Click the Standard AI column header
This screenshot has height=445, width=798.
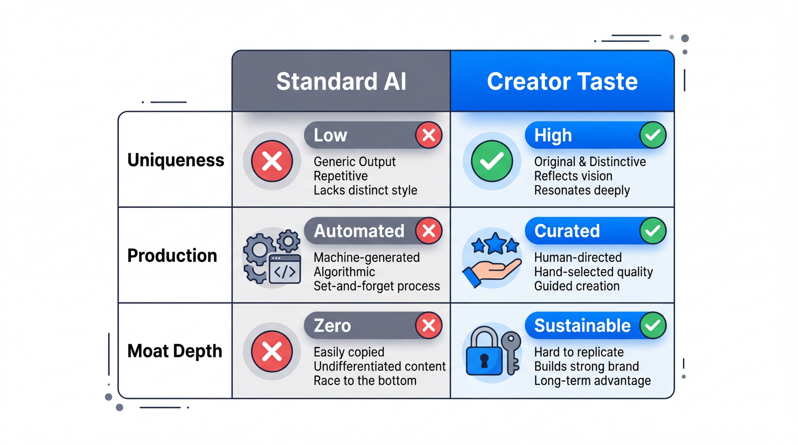click(x=341, y=81)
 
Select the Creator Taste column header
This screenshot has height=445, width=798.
click(x=562, y=81)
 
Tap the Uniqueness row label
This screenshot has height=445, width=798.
click(x=176, y=160)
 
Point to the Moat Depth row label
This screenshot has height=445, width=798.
click(x=175, y=351)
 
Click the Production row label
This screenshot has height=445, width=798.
click(x=172, y=255)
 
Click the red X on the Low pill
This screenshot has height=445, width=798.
click(x=429, y=135)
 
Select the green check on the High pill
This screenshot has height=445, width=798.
click(x=653, y=135)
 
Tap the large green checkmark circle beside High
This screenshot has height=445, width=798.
click(x=492, y=161)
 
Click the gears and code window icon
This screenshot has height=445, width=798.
click(x=272, y=257)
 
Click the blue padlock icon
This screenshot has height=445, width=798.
click(x=484, y=353)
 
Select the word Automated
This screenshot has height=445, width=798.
click(x=359, y=231)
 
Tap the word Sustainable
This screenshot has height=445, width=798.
click(x=582, y=326)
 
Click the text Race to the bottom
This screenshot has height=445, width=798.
click(x=365, y=381)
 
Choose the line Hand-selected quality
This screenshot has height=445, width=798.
click(x=594, y=272)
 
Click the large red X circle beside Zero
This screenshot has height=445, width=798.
click(x=272, y=351)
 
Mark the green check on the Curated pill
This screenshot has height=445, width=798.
click(x=653, y=231)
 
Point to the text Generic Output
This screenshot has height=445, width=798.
click(x=354, y=162)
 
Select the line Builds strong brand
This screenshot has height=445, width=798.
click(x=586, y=366)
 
